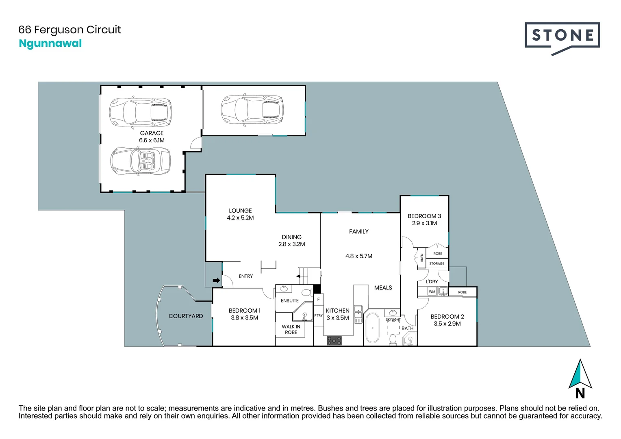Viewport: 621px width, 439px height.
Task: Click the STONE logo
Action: coord(562,36)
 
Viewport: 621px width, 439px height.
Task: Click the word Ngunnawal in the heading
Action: coord(50,43)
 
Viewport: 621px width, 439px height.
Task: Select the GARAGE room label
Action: coord(152,133)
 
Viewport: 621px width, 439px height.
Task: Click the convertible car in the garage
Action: coord(141,161)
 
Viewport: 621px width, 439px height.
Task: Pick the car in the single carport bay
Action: coord(252,109)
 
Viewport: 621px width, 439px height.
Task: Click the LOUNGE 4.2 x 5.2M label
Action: coord(240,214)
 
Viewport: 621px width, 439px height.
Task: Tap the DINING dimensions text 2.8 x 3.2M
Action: coord(291,244)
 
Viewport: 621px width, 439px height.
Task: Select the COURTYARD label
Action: coord(186,316)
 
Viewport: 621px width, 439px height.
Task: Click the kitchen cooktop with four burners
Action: coord(334,341)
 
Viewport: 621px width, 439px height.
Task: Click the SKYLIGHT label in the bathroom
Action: coord(393,319)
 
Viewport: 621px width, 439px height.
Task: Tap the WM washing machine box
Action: coord(432,291)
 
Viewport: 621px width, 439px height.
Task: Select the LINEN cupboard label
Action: coord(422,258)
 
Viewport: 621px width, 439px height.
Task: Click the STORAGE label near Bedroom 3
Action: coord(437,264)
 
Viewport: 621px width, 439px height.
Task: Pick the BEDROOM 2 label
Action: coord(447,317)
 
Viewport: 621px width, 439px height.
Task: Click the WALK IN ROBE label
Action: coord(291,329)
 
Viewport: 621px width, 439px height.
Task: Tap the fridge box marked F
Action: coord(319,300)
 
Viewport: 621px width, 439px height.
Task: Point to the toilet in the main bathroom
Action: coord(393,339)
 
